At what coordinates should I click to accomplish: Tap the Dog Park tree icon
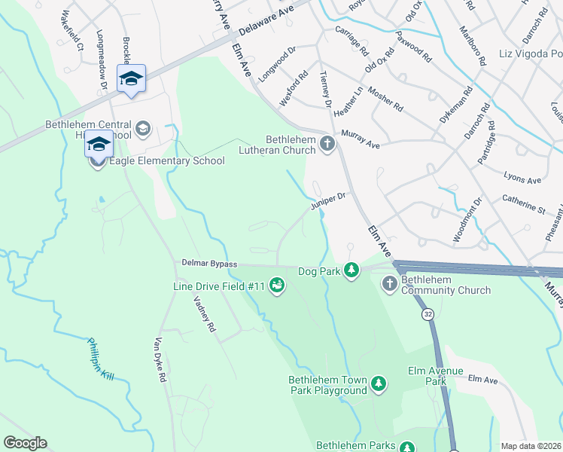[x=351, y=270]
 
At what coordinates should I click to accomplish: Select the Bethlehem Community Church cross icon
[x=390, y=283]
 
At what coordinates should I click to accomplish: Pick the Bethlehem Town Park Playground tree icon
[x=379, y=384]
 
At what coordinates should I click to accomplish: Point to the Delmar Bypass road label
[x=209, y=264]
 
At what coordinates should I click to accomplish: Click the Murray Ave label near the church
[x=361, y=139]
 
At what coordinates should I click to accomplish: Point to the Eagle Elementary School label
[x=167, y=160]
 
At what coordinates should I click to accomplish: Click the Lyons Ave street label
[x=523, y=180]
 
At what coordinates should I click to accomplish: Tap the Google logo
[x=25, y=443]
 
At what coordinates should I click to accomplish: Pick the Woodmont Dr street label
[x=466, y=219]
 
